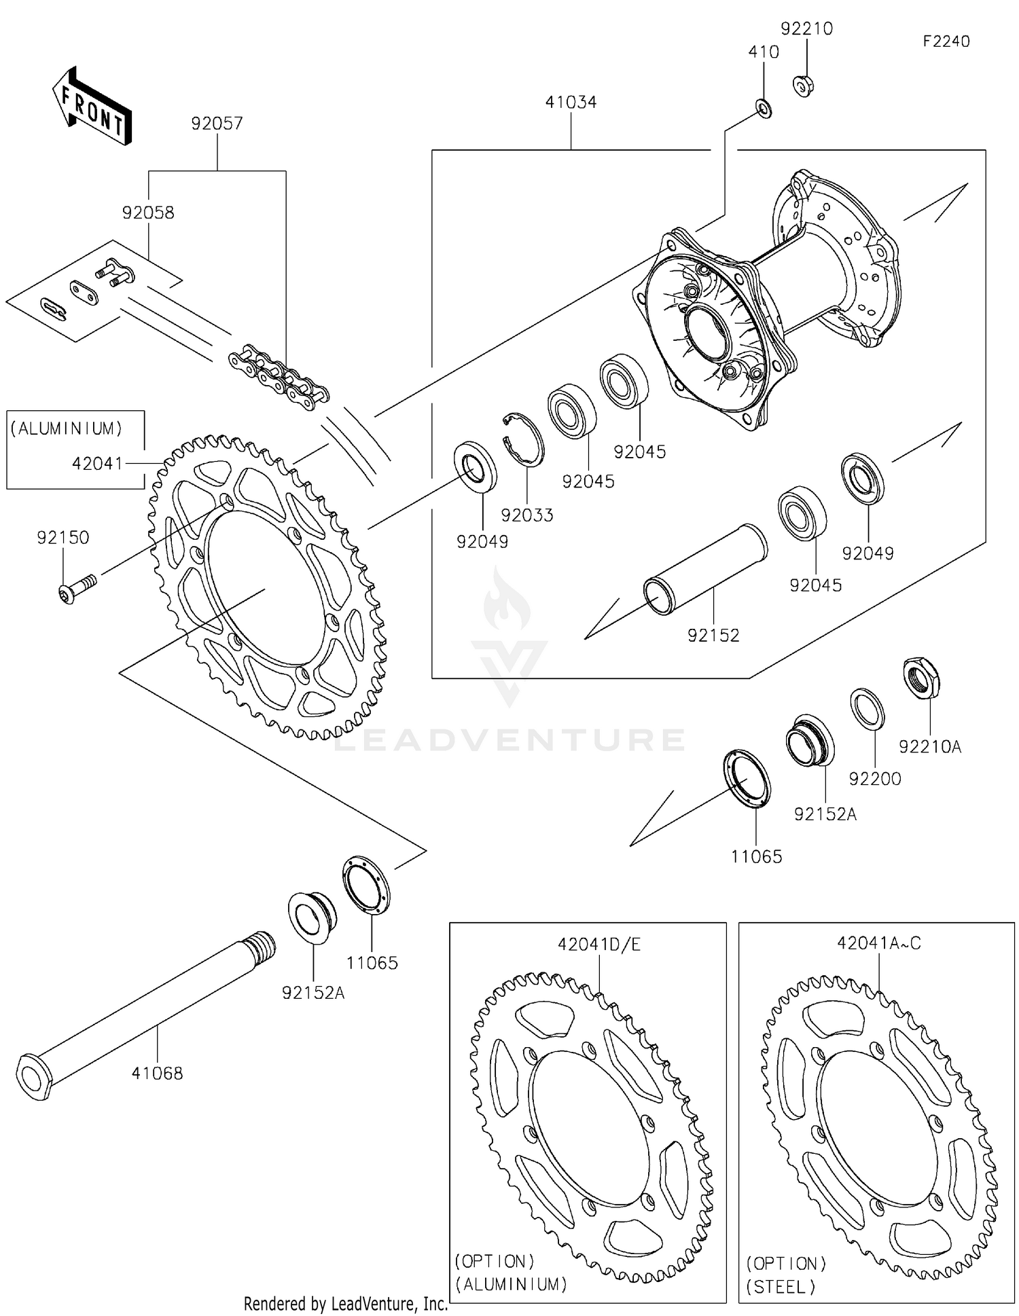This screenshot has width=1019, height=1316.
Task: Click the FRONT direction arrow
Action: pos(92,107)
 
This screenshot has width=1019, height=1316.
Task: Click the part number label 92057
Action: pos(217,124)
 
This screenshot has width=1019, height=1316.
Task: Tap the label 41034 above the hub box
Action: pos(571,103)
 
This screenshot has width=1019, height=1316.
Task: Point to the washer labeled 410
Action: pos(764,108)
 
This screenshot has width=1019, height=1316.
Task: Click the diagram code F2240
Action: pos(946,41)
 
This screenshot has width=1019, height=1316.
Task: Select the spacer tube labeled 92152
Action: pos(707,568)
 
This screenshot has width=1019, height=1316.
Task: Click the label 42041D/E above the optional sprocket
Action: pos(599,945)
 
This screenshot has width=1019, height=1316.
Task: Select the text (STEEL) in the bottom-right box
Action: pos(781,1287)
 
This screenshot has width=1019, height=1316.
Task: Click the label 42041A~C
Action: pos(878,943)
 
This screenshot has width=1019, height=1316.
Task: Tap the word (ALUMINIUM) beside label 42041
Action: pos(67,428)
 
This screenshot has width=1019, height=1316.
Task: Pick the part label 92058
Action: pos(148,213)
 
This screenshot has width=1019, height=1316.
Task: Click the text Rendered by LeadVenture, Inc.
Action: pos(346,1304)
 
